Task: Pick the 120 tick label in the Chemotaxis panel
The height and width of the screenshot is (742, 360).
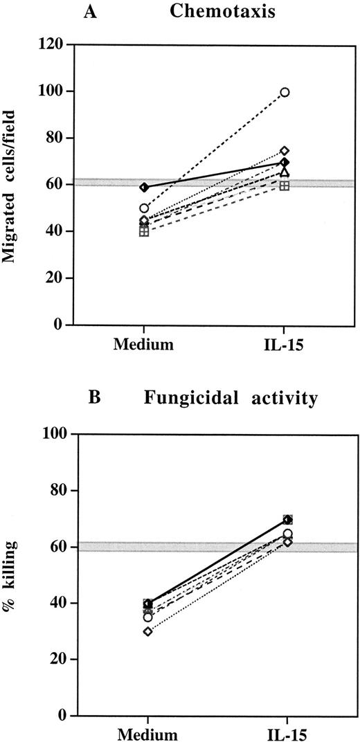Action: (52, 45)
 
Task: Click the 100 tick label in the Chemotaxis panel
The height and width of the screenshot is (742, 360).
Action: (52, 91)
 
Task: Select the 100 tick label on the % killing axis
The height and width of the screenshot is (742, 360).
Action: (52, 435)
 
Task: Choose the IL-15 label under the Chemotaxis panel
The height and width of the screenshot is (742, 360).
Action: (284, 344)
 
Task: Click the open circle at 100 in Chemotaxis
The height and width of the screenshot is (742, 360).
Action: (285, 92)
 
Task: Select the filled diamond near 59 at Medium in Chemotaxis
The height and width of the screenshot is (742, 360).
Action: (144, 188)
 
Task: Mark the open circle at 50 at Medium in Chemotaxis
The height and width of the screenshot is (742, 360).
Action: (144, 208)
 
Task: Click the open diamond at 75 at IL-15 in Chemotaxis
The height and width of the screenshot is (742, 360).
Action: (285, 151)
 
